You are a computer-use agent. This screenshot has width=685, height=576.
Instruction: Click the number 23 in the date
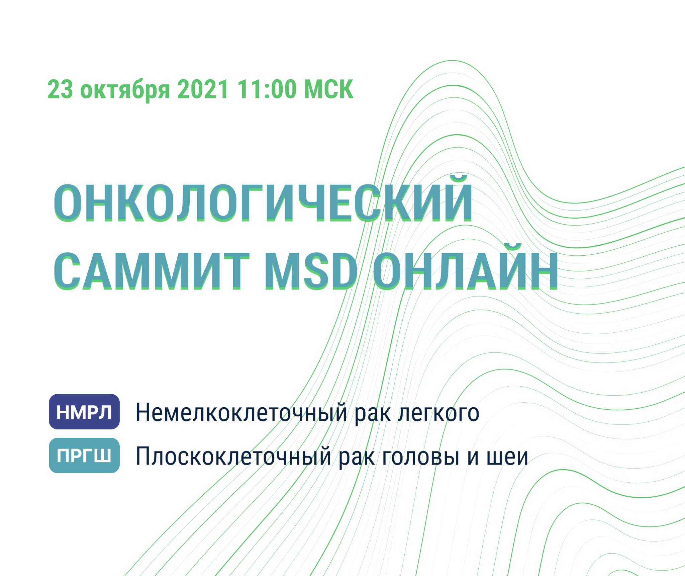[x=60, y=89]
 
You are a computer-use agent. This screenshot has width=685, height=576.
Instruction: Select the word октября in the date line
[x=125, y=90]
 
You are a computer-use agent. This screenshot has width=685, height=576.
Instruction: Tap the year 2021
[x=203, y=89]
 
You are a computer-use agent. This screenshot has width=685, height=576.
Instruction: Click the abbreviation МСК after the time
[x=328, y=89]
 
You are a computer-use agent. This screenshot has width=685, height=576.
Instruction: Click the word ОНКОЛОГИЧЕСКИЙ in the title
[x=263, y=203]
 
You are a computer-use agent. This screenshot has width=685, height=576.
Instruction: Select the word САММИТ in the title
[x=152, y=271]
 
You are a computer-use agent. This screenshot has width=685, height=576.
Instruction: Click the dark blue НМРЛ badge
[x=84, y=412]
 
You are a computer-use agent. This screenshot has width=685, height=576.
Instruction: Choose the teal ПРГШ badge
[x=84, y=455]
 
